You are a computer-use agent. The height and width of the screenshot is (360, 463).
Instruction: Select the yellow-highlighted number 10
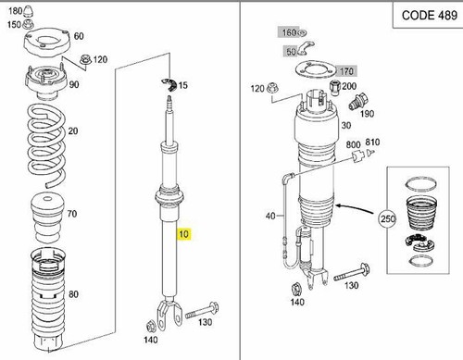pos(184,235)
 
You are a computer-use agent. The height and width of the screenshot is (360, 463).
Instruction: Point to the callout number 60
pos(78,36)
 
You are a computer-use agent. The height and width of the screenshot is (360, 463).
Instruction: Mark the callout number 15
pos(184,85)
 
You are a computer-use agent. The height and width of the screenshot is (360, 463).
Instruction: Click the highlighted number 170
pos(348,70)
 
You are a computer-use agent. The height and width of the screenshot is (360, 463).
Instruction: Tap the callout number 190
pos(367,114)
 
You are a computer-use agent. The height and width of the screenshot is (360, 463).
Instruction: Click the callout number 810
pos(373,143)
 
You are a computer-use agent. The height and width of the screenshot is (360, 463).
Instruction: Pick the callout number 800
pos(353,145)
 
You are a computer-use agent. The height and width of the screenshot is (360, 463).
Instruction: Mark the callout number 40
pos(270,216)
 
